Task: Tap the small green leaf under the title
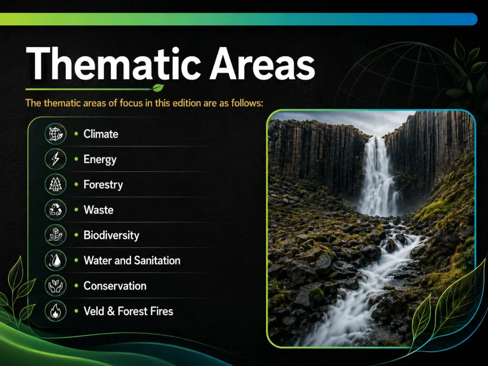pyautogui.click(x=158, y=88)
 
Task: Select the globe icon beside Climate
pyautogui.click(x=55, y=134)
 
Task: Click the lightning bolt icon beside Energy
pyautogui.click(x=55, y=159)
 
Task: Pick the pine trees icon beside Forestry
pyautogui.click(x=55, y=184)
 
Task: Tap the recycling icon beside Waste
pyautogui.click(x=55, y=210)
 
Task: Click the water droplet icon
pyautogui.click(x=55, y=260)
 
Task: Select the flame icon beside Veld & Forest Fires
pyautogui.click(x=55, y=311)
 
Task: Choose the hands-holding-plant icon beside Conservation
pyautogui.click(x=55, y=286)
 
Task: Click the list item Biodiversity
pyautogui.click(x=112, y=235)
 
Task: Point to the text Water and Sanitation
pyautogui.click(x=132, y=261)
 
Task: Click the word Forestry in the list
pyautogui.click(x=103, y=185)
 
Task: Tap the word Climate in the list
pyautogui.click(x=101, y=134)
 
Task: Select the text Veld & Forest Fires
pyautogui.click(x=128, y=311)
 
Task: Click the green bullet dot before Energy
pyautogui.click(x=76, y=159)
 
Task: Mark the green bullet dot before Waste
pyautogui.click(x=76, y=210)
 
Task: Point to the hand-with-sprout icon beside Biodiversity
pyautogui.click(x=55, y=235)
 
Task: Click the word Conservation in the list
pyautogui.click(x=115, y=286)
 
